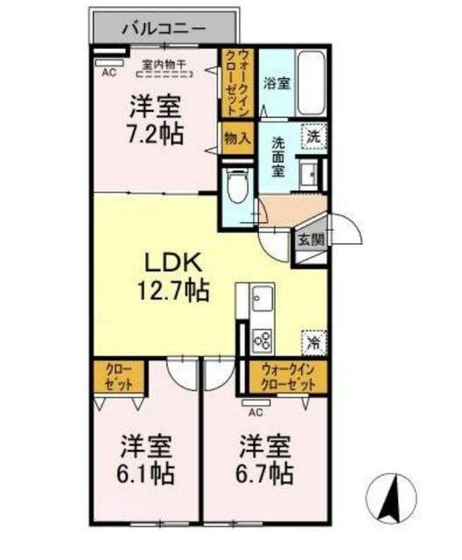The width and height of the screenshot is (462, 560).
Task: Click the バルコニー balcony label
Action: [x=163, y=28]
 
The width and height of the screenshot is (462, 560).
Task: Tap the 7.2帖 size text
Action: [x=155, y=136]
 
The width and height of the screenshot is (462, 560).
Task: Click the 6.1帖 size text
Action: [x=146, y=474]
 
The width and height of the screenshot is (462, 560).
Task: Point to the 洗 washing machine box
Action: [x=312, y=136]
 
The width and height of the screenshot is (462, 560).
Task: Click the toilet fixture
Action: [x=234, y=186]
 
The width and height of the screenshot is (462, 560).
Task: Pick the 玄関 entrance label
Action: [x=310, y=238]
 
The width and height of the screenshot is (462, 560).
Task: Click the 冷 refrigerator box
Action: [x=312, y=341]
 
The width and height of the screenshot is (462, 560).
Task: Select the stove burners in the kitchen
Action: [x=262, y=338]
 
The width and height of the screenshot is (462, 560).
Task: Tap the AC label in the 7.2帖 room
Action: [x=108, y=73]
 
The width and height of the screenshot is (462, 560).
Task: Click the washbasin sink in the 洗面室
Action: [x=311, y=172]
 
